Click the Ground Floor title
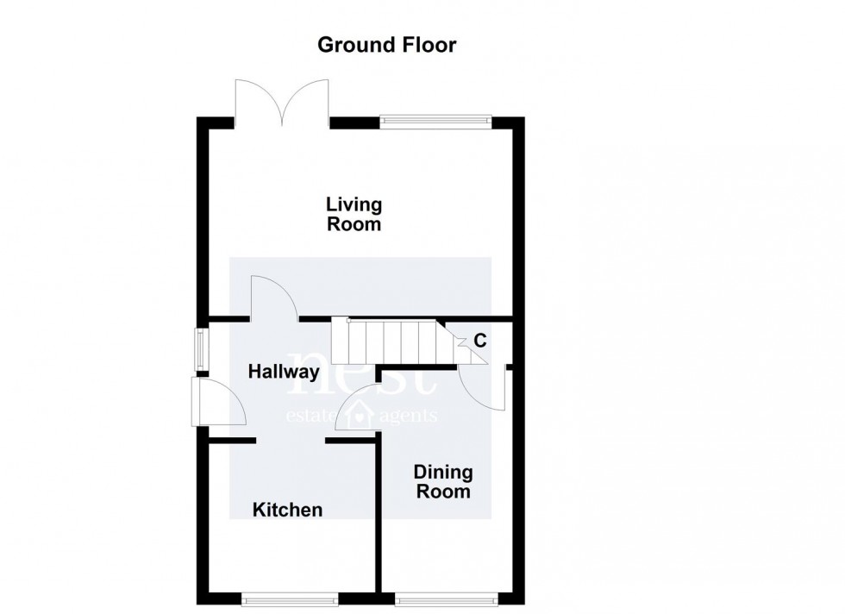[x=387, y=45]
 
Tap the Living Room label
[x=354, y=215]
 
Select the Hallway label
[x=284, y=373]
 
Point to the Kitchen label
[x=287, y=510]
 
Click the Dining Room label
[x=443, y=482]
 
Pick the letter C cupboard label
[x=480, y=341]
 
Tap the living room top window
[x=436, y=121]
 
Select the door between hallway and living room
[x=272, y=298]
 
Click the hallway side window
[x=201, y=349]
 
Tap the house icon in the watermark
[x=360, y=416]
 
